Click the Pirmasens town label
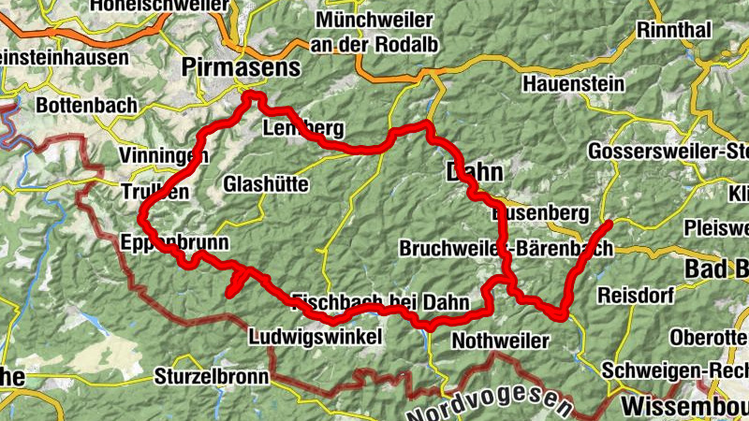tap(242, 67)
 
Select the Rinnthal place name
tap(673, 30)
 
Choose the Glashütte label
tap(266, 185)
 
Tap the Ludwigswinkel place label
tap(316, 336)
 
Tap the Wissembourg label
tap(683, 407)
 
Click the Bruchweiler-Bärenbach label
tap(506, 249)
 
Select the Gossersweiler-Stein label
tap(668, 152)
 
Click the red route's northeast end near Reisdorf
tap(608, 224)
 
